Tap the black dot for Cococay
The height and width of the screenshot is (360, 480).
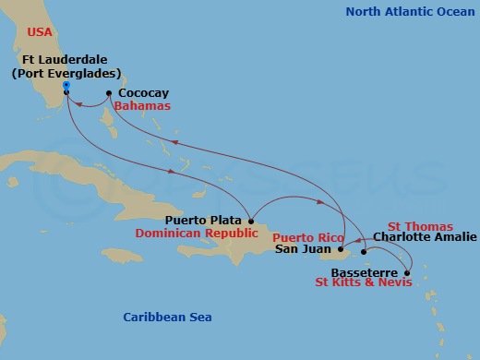click(x=109, y=93)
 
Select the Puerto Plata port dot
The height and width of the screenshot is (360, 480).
click(x=250, y=220)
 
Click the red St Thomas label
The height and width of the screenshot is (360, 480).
click(x=419, y=226)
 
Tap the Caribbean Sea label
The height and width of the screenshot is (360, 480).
click(x=167, y=318)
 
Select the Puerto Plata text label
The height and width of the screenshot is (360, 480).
click(x=203, y=221)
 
